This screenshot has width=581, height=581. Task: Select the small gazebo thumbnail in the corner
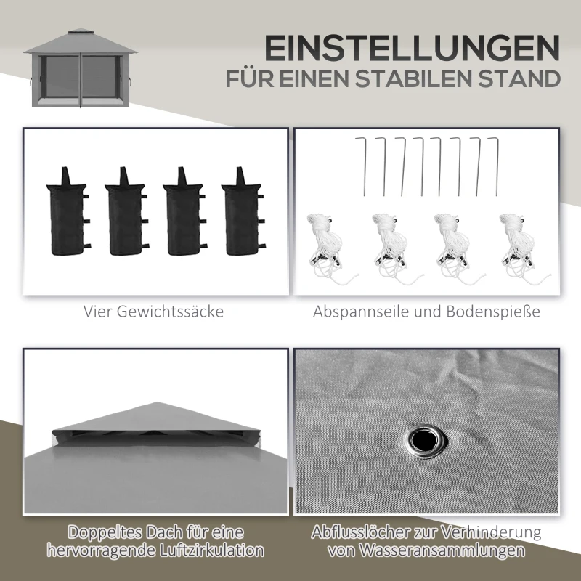coord(76,70)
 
